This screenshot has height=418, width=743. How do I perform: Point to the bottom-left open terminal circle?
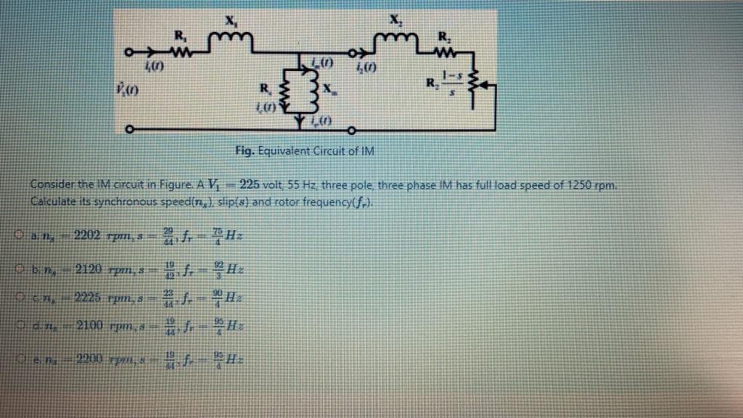pyautogui.click(x=129, y=131)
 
